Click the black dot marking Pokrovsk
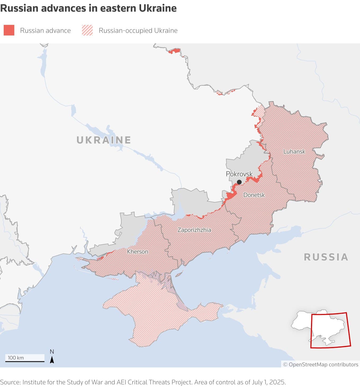coord(239,182)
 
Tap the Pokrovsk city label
coord(239,174)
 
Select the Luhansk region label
coord(294,152)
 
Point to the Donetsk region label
coord(254,195)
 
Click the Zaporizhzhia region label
coord(194,230)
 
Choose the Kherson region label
coord(137,252)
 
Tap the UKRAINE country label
coord(103,140)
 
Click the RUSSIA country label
coord(326,257)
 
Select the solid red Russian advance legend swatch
coord(9,30)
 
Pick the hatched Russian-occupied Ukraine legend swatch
coord(87,30)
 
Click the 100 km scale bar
coord(25,361)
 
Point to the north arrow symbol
coord(52,360)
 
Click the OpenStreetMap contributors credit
coord(321,364)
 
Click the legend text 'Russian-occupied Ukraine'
coord(138,30)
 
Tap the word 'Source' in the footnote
coord(10,382)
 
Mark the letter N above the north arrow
coord(52,352)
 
